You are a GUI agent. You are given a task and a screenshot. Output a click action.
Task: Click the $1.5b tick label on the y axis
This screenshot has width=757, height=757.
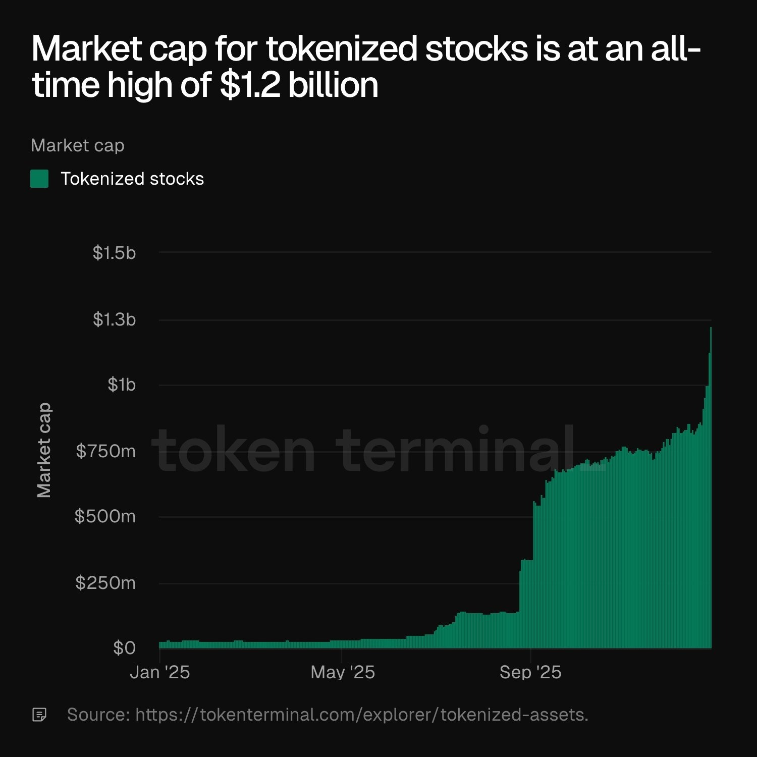tap(114, 253)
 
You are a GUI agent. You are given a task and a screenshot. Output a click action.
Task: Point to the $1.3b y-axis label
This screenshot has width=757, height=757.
tap(114, 319)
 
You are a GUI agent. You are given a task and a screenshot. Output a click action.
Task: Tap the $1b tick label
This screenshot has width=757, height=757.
tap(122, 385)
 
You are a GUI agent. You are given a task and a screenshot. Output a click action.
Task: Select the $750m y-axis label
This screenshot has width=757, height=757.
tap(105, 451)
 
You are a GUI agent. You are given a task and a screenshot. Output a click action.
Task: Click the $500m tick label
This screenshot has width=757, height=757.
tap(105, 516)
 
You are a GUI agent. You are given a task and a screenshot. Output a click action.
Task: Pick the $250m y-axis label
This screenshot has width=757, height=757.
tap(105, 583)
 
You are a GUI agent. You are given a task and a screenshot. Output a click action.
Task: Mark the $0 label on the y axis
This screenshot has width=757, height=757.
tap(124, 648)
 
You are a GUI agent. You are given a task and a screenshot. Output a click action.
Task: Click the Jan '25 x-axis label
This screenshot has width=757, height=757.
tap(159, 672)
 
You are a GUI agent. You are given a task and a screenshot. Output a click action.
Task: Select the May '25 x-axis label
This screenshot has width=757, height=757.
tap(343, 672)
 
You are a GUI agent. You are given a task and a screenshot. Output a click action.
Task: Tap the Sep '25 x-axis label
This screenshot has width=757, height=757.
tap(530, 672)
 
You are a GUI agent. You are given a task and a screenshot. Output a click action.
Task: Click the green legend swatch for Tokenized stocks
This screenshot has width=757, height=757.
tap(39, 179)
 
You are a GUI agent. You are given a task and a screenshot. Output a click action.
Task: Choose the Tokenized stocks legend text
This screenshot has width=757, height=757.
tap(132, 179)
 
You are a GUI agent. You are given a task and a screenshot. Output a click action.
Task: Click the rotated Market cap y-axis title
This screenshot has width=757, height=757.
tap(44, 450)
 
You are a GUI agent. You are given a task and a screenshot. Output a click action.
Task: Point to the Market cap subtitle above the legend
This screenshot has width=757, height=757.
tap(77, 145)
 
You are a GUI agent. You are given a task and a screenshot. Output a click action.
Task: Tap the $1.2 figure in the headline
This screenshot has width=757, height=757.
tap(250, 85)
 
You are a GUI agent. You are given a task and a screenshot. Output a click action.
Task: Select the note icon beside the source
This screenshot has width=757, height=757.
tap(39, 715)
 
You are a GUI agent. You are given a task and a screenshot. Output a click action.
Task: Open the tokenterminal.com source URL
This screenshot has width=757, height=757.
tap(361, 715)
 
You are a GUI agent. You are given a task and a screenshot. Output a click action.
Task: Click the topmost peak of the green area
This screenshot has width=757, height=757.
tap(711, 328)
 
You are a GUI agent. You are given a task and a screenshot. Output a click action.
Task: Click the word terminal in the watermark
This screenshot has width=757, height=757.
tap(457, 449)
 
